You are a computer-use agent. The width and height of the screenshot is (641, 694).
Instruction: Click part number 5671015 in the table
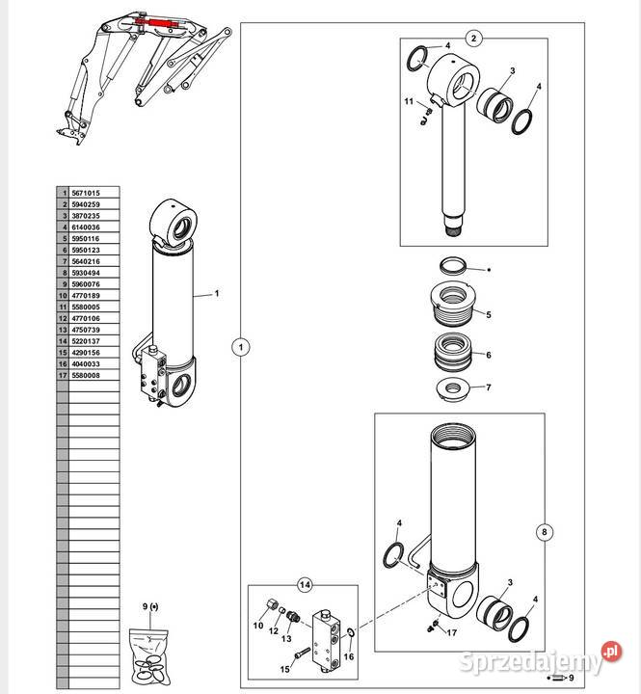[86, 193]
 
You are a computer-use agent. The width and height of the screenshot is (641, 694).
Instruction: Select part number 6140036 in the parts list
[86, 227]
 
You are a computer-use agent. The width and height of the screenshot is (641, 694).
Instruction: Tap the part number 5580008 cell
[86, 375]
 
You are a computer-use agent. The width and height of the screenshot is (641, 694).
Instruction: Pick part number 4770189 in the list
[86, 296]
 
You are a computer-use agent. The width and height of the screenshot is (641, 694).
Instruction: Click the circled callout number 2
[473, 38]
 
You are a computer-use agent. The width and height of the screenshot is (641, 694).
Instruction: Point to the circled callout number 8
[545, 532]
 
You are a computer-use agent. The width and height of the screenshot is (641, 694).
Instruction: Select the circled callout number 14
[305, 585]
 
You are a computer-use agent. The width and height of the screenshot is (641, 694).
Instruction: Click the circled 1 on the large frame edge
[241, 347]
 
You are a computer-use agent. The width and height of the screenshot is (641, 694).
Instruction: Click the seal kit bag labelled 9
[148, 657]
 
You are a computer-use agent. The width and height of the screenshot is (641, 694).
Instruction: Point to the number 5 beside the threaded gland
[489, 314]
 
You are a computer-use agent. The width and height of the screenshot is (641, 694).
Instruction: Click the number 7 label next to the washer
[489, 387]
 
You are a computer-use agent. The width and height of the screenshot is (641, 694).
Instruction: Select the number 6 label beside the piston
[489, 355]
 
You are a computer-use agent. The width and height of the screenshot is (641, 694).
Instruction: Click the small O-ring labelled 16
[350, 633]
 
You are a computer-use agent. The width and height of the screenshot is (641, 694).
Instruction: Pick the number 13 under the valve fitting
[286, 639]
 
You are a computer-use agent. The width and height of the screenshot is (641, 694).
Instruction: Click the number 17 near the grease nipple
[451, 633]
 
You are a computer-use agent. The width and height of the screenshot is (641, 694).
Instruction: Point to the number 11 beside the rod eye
[409, 101]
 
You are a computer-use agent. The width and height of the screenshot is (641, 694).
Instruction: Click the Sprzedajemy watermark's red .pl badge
[612, 652]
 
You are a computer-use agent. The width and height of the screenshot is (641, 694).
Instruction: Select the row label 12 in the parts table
[63, 318]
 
